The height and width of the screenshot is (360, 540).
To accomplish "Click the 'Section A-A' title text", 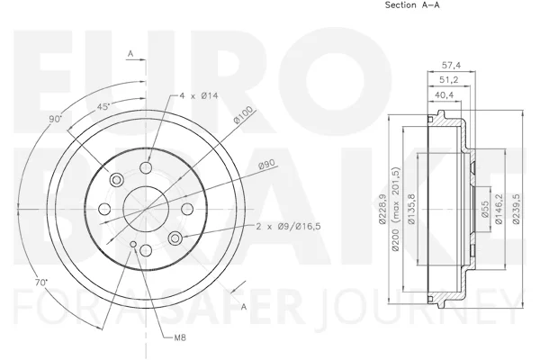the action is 412,5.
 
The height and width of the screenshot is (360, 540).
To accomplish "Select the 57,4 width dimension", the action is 451,65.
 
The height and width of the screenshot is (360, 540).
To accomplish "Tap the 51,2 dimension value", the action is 449,80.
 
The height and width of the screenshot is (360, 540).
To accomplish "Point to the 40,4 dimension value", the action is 445,95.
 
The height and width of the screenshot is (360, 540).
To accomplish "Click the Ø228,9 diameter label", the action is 382,209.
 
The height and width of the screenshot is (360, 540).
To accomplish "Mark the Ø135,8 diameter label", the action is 411,209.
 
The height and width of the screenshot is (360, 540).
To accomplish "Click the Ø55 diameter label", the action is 484,209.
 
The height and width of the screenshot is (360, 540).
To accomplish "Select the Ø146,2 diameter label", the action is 499,209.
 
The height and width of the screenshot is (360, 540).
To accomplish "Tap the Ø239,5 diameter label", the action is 516,209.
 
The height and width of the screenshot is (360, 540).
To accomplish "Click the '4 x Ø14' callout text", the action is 199,95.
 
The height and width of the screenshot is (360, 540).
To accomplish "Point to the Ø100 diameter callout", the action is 243,114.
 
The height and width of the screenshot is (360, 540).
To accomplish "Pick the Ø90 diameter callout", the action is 267,165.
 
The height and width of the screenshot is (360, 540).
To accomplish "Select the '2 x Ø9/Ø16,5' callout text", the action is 289,226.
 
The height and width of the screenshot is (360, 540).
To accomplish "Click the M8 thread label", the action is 180,337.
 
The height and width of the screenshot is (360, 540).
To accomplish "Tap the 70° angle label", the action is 41,283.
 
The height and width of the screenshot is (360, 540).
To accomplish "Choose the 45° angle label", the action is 103,106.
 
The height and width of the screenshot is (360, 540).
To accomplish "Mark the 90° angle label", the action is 55,119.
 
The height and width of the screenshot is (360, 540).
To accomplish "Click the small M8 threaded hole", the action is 133,244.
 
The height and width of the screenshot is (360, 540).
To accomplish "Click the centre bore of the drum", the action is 146,209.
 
